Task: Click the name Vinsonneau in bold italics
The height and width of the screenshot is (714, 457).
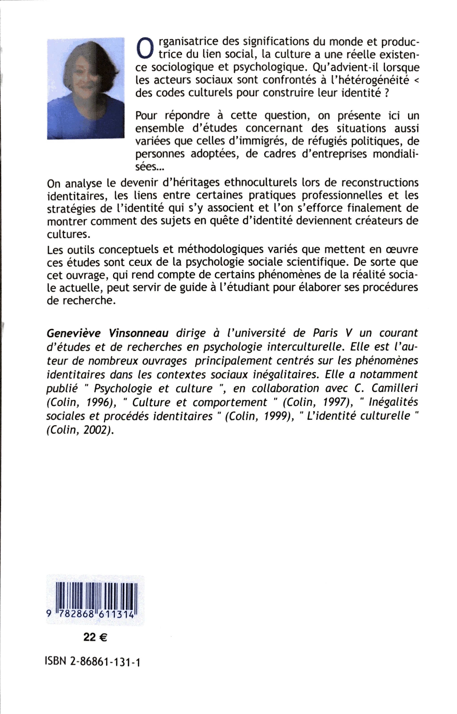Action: tap(139, 333)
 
